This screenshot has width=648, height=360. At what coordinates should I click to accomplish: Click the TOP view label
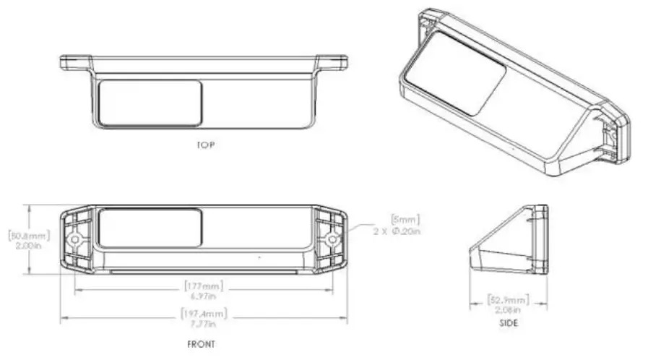[205, 145]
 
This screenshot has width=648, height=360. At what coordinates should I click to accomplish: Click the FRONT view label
[201, 344]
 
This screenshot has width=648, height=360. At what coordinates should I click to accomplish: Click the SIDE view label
[509, 323]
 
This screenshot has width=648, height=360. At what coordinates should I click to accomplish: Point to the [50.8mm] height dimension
[17, 234]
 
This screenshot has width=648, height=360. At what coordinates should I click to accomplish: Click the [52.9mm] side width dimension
[509, 299]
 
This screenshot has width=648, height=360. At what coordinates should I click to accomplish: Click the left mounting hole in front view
[73, 239]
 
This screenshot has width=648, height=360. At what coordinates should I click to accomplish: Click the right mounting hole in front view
[331, 238]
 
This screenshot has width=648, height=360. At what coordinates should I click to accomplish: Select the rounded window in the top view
[150, 103]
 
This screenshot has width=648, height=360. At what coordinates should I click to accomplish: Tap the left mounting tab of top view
[75, 62]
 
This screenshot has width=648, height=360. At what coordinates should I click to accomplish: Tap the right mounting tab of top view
[333, 62]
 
